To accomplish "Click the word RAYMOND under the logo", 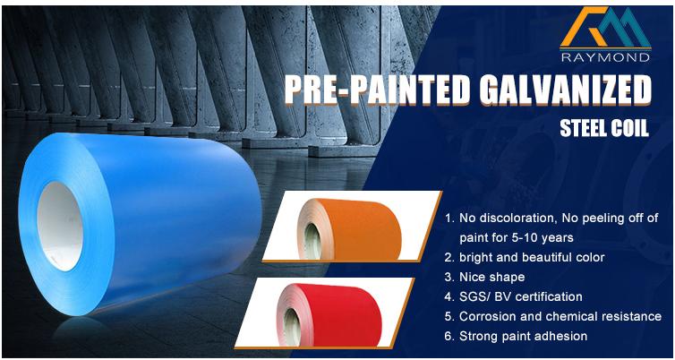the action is click(x=605, y=57).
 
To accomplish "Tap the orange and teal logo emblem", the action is click(x=605, y=27).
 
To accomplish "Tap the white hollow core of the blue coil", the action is click(x=59, y=226).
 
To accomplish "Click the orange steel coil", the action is click(x=349, y=228).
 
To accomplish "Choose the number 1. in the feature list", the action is click(x=450, y=219).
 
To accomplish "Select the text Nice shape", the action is click(x=492, y=278).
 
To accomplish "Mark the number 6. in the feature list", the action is click(x=450, y=337).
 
